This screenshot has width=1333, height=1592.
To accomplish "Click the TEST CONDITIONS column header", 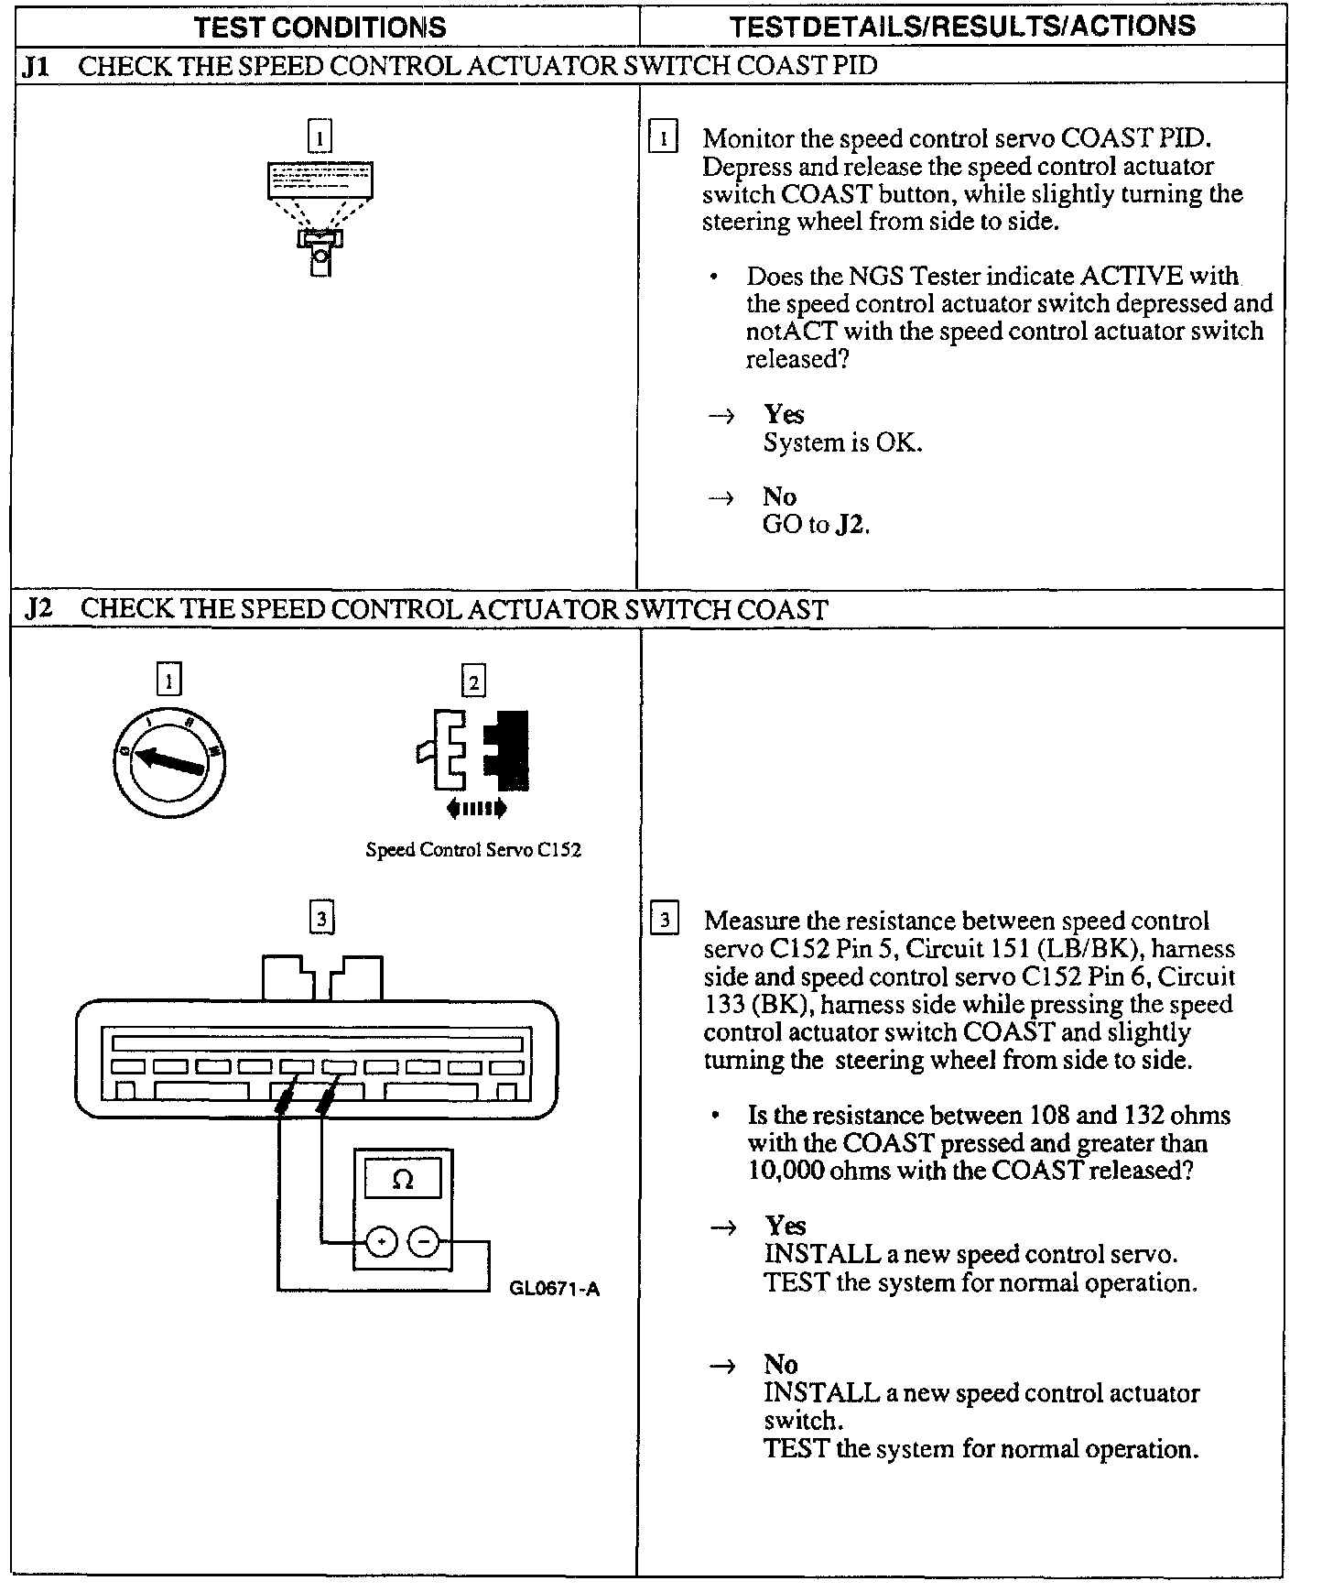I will (320, 27).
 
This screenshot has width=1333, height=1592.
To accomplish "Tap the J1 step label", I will (38, 66).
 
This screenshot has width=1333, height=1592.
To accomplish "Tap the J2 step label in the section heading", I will (39, 609).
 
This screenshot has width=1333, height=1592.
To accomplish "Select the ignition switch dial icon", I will (168, 762).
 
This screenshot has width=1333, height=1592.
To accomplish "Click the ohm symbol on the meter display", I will (403, 1180).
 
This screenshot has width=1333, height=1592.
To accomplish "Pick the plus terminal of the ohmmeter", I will (381, 1243).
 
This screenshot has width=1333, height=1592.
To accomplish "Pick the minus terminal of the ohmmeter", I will (424, 1243).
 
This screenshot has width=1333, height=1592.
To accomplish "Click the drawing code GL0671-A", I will (554, 1290).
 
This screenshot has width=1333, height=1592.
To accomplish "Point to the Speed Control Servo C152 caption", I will (473, 849).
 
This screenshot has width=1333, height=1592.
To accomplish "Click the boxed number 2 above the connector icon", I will (473, 682).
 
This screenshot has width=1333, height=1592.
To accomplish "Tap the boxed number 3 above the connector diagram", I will (321, 918).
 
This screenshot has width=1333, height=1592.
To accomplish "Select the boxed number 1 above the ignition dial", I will (169, 680).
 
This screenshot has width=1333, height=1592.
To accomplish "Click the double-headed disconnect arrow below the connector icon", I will (476, 808).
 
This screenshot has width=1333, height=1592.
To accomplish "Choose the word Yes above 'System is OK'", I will (784, 415).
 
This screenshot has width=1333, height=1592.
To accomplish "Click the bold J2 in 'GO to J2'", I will (851, 525).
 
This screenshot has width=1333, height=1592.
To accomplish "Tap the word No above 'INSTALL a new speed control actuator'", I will (781, 1364).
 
